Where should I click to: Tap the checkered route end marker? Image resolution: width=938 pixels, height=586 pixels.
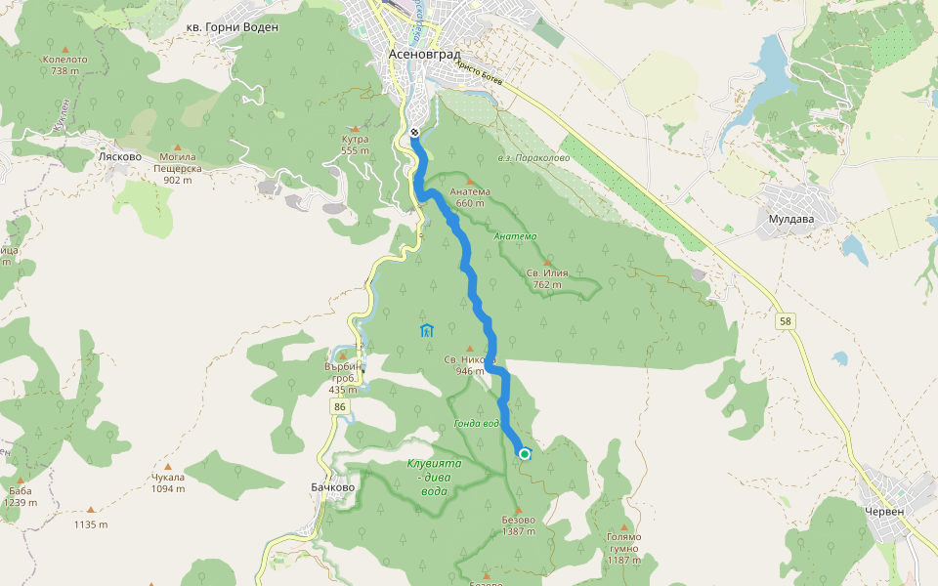tap(414, 132)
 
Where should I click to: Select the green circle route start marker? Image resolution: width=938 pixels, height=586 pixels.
tap(525, 453)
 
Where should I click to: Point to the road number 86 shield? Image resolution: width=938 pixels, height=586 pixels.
tap(339, 405)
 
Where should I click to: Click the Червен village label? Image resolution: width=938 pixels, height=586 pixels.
tap(885, 511)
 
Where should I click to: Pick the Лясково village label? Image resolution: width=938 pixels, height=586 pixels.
tap(120, 155)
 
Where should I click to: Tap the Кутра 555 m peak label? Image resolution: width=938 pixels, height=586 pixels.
tap(355, 146)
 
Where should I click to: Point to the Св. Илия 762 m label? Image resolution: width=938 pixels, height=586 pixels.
tap(547, 278)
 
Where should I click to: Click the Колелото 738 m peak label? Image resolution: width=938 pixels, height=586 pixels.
tap(65, 64)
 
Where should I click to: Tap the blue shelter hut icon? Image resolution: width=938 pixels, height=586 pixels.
tap(426, 330)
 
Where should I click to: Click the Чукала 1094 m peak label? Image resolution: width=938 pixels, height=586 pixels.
tap(167, 482)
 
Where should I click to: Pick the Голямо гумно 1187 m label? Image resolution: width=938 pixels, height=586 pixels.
tap(623, 548)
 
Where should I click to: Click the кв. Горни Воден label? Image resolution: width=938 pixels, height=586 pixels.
tap(232, 27)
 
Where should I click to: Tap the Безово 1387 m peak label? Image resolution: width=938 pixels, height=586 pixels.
tap(519, 525)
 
